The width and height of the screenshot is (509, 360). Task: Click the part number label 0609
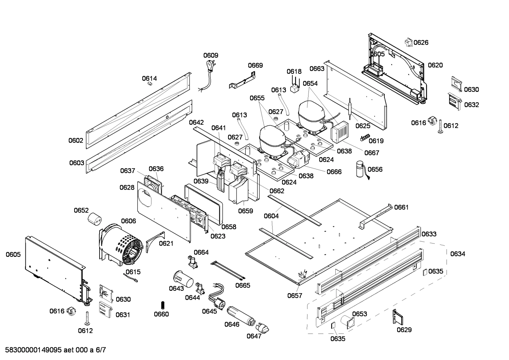point(211,55)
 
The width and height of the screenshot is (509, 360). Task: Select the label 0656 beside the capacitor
point(375,169)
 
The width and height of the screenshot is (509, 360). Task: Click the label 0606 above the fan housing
point(128,221)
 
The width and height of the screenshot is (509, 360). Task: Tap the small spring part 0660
point(162,305)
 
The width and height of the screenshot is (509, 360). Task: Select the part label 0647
point(254,336)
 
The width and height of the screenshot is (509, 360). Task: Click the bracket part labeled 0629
point(398,317)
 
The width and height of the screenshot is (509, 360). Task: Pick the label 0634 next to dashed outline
point(457,254)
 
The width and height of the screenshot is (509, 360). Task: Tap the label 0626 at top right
point(421,42)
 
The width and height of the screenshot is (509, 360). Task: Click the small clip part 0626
point(409,42)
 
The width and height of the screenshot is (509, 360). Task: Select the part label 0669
point(255,65)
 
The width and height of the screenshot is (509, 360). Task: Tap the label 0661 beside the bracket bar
point(401,207)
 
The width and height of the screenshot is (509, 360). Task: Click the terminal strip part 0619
point(364,137)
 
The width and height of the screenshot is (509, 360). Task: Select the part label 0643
point(176,288)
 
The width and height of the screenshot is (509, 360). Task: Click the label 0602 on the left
point(76,140)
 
